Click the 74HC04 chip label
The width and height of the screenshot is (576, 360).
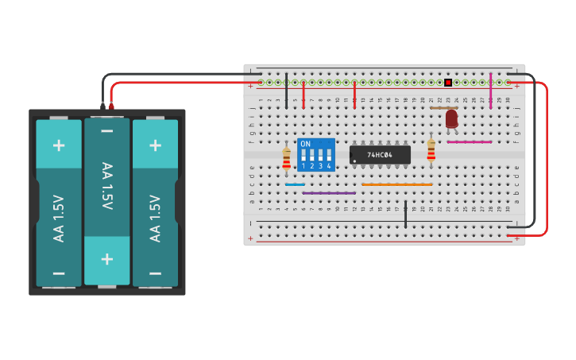381,155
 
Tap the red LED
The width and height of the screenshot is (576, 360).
451,118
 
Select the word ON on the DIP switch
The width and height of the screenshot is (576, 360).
306,144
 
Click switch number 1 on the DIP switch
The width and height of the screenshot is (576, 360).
303,156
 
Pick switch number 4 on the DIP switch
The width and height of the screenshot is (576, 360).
328,156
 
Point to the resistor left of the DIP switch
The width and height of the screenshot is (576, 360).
287,158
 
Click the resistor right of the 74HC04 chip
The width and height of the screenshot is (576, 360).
431,151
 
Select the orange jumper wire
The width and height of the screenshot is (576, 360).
396,184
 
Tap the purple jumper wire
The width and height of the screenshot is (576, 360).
329,193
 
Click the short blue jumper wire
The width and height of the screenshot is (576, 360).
295,184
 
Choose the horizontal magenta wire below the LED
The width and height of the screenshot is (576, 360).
469,142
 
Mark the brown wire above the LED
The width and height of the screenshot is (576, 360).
443,107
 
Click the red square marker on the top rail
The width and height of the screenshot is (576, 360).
448,82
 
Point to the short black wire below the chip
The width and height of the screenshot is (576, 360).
405,214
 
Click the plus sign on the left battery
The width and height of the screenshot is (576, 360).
59,145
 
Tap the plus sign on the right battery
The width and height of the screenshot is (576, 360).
155,145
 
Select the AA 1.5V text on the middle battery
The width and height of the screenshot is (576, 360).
106,185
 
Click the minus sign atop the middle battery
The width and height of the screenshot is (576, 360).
106,130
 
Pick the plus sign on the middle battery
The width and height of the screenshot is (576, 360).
106,259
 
